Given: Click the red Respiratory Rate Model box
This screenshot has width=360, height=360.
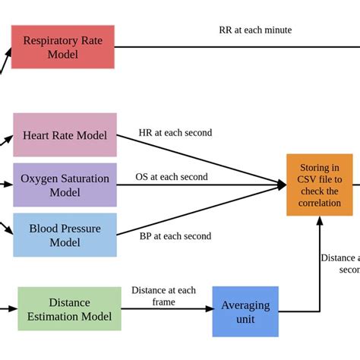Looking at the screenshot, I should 62,47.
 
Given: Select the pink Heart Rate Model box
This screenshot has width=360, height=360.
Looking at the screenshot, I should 65,135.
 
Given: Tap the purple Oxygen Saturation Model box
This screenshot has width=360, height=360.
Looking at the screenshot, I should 65,185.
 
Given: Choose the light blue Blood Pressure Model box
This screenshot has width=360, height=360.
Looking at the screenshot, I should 65,235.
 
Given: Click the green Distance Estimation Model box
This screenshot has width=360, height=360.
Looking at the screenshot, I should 69,308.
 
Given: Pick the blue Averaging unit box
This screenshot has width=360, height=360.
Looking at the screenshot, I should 245,311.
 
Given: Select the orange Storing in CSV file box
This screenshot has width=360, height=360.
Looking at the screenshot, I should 319,185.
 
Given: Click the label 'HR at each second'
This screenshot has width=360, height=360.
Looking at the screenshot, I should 175,132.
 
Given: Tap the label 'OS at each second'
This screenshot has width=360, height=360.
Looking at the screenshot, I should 172,177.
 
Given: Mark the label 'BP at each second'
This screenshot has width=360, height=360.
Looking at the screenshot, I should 175,235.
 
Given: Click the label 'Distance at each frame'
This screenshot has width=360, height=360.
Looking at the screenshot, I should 163,296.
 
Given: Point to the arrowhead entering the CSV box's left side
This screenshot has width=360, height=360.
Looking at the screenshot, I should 282,183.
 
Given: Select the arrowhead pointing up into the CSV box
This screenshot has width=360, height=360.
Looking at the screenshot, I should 319,220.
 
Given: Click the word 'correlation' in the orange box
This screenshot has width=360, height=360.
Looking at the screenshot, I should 319,204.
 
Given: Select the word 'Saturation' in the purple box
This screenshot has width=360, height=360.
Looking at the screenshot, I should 82,178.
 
